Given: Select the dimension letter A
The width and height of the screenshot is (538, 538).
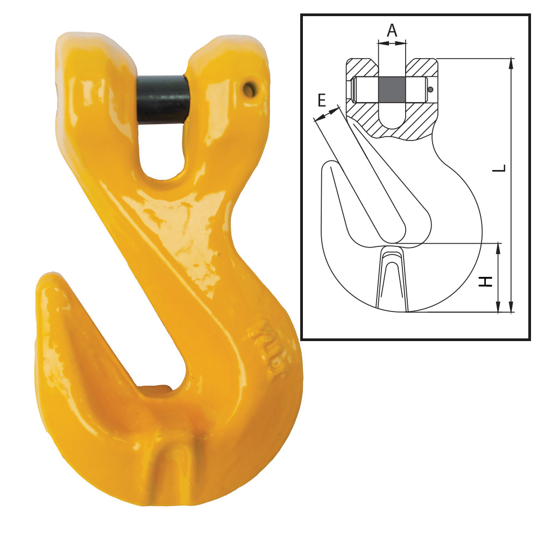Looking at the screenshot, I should point(392,30).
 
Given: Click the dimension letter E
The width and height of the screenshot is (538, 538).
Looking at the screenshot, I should point(321,100).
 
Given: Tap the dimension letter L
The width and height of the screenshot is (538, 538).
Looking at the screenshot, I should point(500,168).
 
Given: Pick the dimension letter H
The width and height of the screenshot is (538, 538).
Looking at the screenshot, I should point(486,281).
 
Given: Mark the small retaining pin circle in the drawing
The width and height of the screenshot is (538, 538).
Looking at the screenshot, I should point(430,89).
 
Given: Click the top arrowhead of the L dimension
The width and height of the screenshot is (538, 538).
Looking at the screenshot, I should point(511,62).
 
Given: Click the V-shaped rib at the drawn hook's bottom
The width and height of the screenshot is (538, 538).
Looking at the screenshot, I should point(392,280).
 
